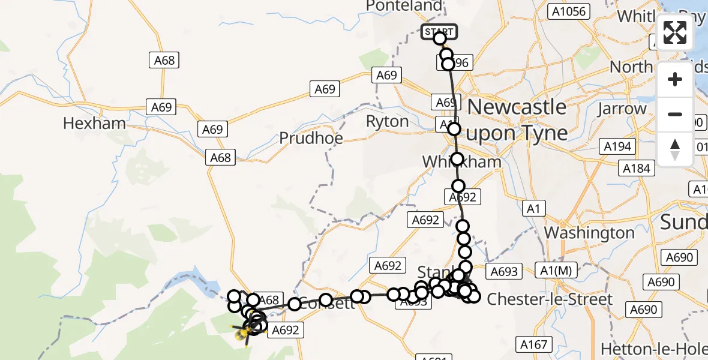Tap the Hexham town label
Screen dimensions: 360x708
pos(95,124)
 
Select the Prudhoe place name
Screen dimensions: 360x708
pos(311,138)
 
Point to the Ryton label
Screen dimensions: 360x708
pos(387,121)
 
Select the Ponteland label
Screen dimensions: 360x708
pos(403,5)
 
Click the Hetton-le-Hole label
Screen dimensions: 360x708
pos(653,349)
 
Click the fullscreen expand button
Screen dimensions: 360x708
pos(675,32)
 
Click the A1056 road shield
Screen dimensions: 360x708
pos(569,11)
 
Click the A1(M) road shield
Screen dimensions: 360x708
pos(556,271)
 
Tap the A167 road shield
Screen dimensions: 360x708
pos(533,344)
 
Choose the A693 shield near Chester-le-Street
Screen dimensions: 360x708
pos(503,271)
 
